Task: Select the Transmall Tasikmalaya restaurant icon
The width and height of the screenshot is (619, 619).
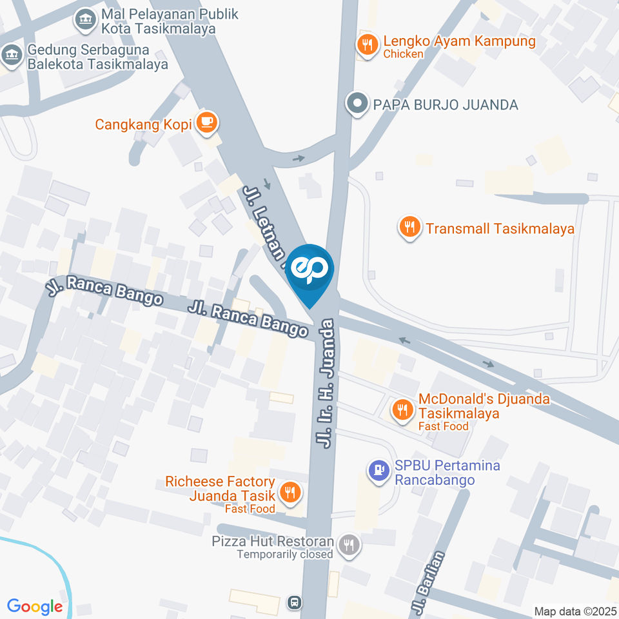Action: click(409, 228)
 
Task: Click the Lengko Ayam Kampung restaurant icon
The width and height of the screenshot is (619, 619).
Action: click(367, 44)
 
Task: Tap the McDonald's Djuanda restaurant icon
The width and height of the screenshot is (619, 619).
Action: click(403, 409)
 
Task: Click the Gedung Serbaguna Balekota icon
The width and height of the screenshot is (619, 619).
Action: click(10, 55)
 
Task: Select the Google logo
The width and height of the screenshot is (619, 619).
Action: click(35, 606)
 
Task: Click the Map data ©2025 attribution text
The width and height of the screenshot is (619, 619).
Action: click(575, 611)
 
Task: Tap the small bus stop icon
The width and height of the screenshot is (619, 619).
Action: click(294, 602)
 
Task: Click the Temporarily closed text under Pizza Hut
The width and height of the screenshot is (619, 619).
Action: click(284, 555)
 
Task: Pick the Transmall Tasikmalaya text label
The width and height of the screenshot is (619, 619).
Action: click(500, 228)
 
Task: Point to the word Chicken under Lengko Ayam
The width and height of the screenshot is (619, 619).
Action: click(403, 54)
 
